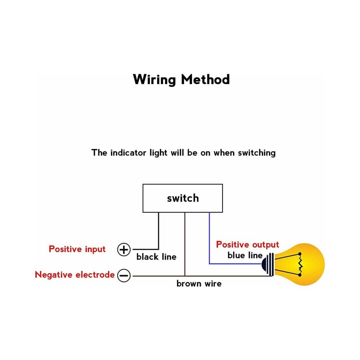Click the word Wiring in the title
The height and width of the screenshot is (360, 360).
[155, 80]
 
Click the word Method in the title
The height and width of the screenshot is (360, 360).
[205, 79]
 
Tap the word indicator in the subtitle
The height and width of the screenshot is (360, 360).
[128, 153]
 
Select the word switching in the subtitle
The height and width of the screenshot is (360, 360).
[257, 153]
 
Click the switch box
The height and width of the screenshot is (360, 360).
[183, 198]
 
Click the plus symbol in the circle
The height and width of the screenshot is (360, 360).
[124, 249]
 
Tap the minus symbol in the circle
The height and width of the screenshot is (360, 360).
[124, 276]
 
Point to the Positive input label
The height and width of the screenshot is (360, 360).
[77, 249]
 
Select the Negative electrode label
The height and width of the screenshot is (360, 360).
[75, 275]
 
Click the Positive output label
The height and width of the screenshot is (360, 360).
[248, 245]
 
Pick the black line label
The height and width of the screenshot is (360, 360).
[156, 257]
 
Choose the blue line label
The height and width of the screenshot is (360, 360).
[245, 255]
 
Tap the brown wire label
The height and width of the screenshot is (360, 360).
[199, 284]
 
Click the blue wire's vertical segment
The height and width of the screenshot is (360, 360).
[209, 238]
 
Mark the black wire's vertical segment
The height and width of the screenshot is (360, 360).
[159, 231]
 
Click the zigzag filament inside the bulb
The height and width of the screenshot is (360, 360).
[300, 264]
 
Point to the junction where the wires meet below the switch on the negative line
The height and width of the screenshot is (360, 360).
[185, 276]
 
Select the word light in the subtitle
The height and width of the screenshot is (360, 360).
[158, 153]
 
